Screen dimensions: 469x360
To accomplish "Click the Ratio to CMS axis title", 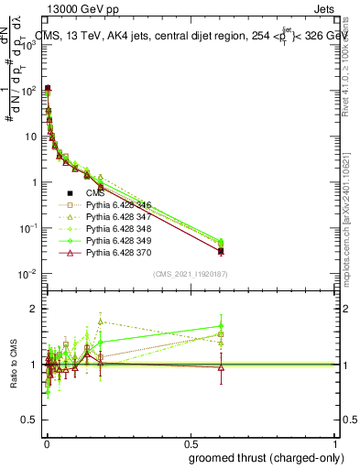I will pos(13,365).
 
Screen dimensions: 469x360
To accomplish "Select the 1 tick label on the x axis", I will pos(334,444).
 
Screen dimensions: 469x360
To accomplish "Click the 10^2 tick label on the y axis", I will pos(27,91).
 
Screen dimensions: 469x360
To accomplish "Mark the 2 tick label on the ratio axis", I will pos(35,309).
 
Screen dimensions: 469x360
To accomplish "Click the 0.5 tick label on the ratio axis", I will pos(31,420).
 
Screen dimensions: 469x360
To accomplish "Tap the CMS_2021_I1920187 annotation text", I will pos(190,274).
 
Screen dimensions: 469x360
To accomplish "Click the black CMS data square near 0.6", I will pos(221,250).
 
